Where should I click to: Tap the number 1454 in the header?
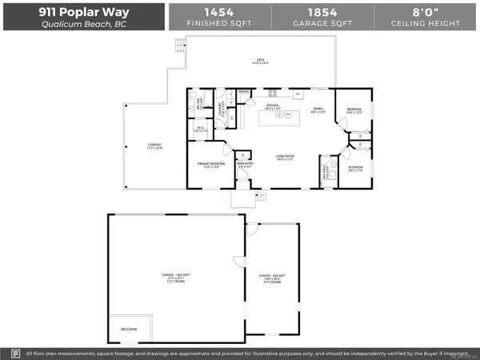point(219,11)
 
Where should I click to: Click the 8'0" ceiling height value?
point(424,11)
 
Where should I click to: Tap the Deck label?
point(261,61)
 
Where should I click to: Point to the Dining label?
point(318,111)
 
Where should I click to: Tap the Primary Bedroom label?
point(210,165)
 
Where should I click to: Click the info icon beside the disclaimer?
point(15,352)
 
